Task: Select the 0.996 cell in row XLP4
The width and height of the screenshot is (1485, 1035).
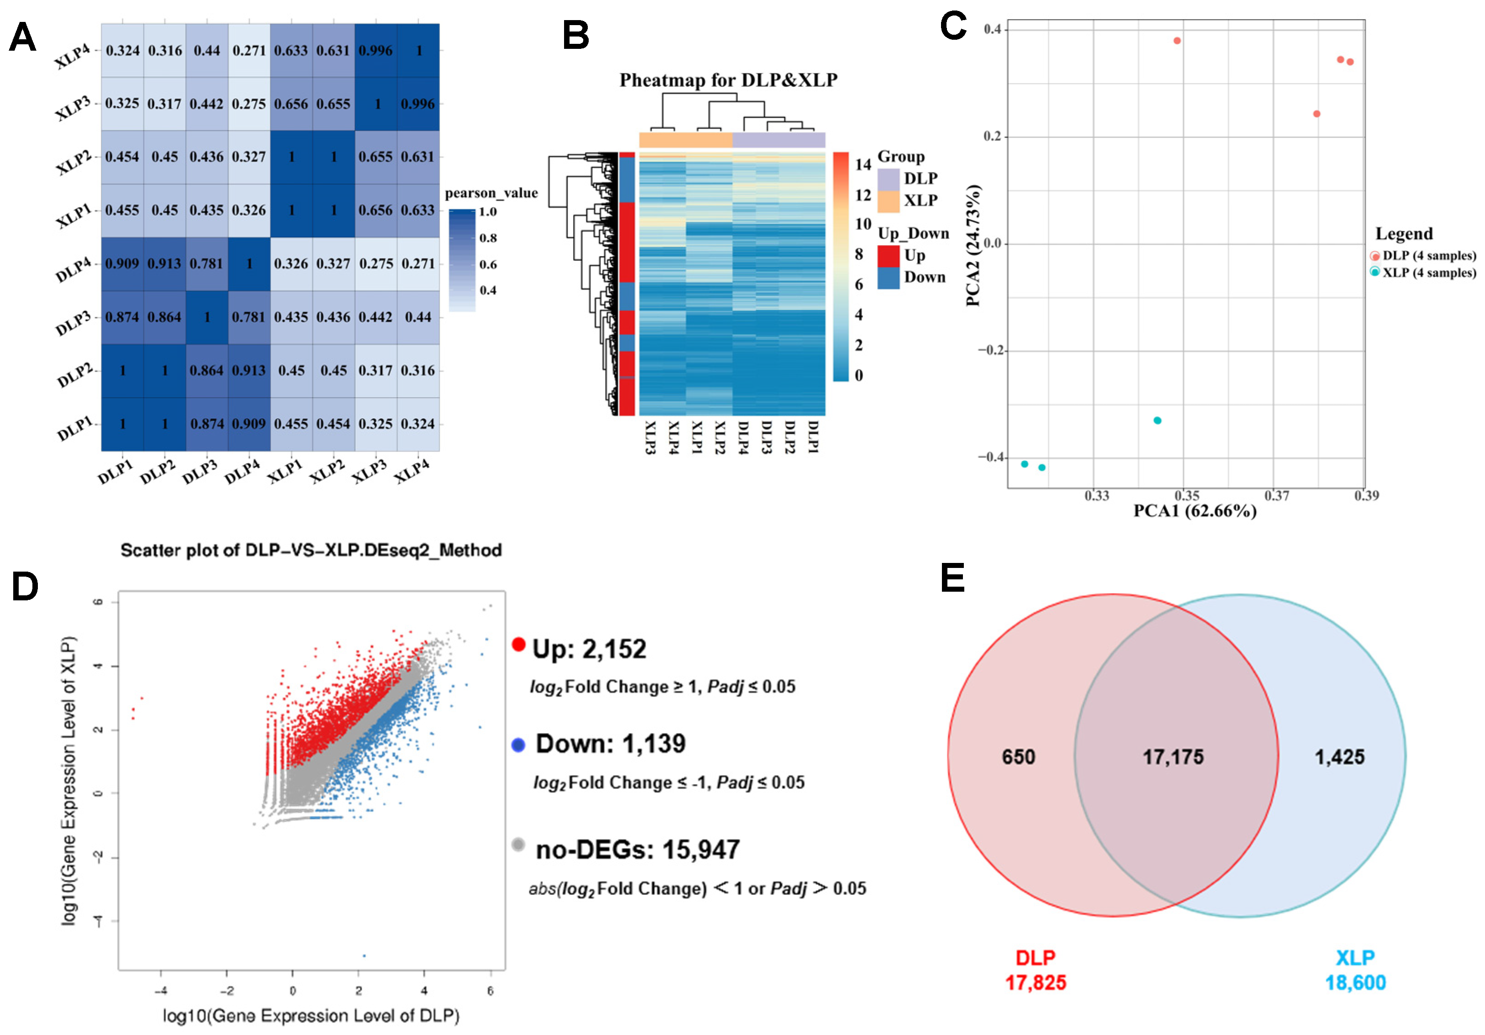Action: (376, 51)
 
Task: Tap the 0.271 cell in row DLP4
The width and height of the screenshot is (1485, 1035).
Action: (418, 264)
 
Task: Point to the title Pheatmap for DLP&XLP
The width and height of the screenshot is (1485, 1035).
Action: (728, 80)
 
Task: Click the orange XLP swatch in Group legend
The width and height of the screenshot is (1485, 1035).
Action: (889, 201)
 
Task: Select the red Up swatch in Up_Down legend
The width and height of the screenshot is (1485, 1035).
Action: (889, 256)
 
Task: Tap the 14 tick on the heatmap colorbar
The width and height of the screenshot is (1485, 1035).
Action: (863, 164)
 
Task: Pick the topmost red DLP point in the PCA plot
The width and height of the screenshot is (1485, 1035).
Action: (1177, 41)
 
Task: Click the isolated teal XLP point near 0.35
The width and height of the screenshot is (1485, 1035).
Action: (1158, 420)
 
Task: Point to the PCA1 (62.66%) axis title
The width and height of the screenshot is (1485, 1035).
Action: (1195, 511)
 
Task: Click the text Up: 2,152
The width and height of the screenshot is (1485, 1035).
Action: (589, 649)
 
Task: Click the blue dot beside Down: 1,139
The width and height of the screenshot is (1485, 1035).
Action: (518, 745)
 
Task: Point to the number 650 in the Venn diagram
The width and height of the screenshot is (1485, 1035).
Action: (1018, 757)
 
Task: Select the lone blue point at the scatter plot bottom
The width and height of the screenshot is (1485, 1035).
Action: (364, 956)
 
